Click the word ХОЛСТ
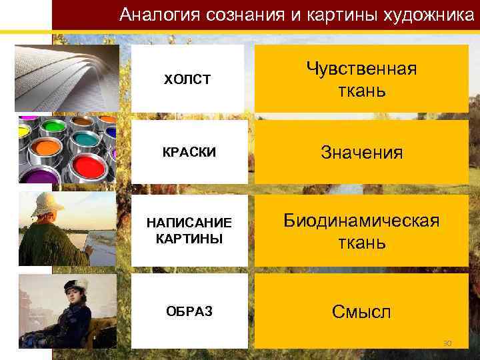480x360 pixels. point(187,79)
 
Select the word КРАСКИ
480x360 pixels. point(189,152)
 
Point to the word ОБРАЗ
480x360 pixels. point(189,311)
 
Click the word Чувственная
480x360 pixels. point(361,68)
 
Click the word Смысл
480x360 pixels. point(361,311)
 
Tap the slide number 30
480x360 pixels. point(447,343)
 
